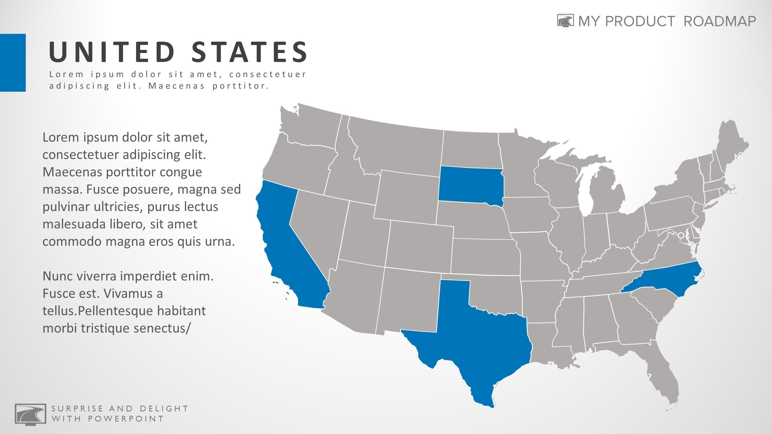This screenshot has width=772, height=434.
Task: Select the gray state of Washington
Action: click(312, 126)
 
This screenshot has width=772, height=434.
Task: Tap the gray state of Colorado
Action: click(419, 244)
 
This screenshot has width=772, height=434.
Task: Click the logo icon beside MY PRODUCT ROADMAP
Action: click(566, 20)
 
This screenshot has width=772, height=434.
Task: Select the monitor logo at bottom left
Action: click(30, 414)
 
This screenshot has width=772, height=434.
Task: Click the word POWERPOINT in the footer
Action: click(126, 419)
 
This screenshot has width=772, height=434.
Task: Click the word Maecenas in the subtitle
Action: click(177, 86)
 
